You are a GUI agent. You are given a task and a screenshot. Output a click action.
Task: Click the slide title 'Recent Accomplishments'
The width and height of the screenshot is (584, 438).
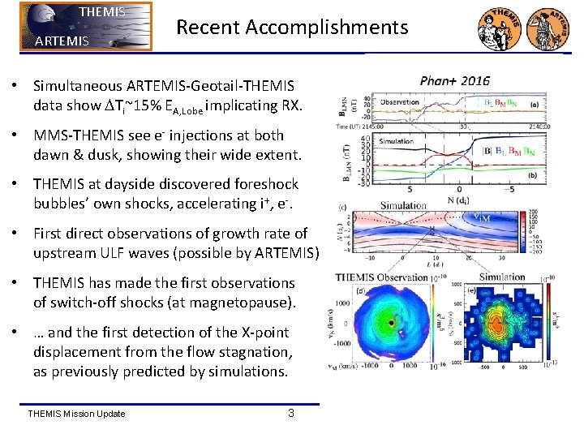(292, 27)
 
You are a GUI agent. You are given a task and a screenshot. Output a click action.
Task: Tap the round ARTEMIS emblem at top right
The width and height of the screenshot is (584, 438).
(549, 27)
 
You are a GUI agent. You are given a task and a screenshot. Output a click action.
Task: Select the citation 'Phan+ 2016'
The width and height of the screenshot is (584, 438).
(454, 81)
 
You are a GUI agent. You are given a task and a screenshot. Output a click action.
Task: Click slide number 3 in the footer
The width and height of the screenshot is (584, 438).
(291, 414)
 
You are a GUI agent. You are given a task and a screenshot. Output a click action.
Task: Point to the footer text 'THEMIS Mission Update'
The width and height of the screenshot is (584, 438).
(76, 414)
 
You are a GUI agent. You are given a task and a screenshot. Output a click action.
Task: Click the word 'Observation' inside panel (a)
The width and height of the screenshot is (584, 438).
(400, 102)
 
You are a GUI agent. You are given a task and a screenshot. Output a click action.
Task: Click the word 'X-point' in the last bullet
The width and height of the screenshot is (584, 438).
(261, 333)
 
